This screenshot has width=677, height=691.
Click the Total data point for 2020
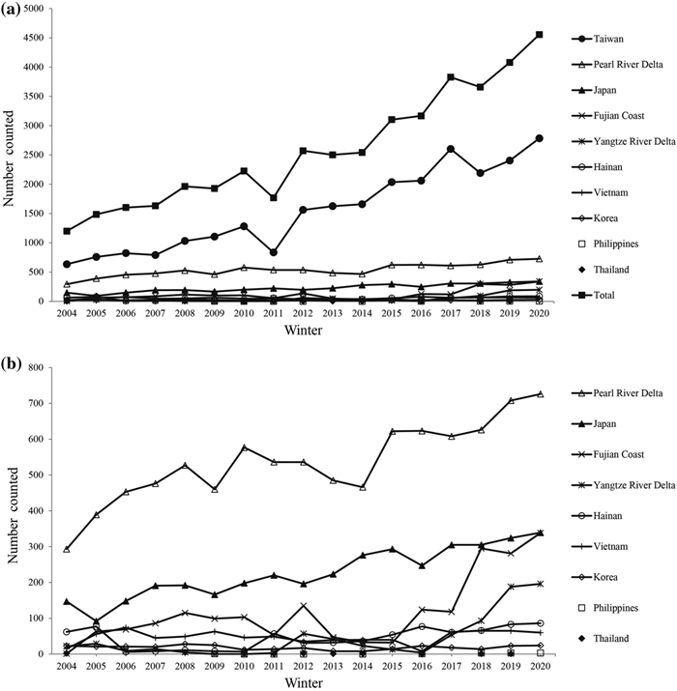[x=539, y=35]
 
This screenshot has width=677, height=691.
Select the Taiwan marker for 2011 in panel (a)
[x=274, y=252]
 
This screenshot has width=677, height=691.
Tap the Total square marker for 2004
[x=67, y=231]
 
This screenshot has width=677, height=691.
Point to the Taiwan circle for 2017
[x=451, y=149]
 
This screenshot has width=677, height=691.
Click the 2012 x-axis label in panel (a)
[x=303, y=313]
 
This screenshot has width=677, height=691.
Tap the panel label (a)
[x=11, y=10]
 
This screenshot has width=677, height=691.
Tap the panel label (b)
[x=11, y=364]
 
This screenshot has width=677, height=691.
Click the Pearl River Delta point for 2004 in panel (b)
[x=67, y=549]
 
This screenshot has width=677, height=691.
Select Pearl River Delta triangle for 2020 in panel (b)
[x=540, y=394]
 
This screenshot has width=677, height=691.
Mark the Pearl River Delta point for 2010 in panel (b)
[x=244, y=447]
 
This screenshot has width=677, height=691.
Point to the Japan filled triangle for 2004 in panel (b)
[x=67, y=601]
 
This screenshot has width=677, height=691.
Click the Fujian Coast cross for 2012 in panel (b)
[x=303, y=606]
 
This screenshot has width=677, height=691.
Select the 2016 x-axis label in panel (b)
[x=422, y=666]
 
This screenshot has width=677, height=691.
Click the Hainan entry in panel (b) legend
[x=597, y=516]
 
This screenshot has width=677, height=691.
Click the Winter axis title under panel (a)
[x=303, y=330]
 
